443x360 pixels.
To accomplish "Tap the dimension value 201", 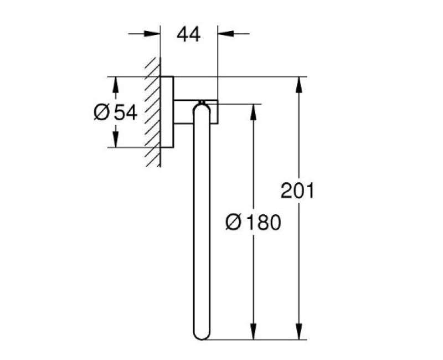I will [x=297, y=191].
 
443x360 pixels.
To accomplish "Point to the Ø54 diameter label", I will [x=115, y=112].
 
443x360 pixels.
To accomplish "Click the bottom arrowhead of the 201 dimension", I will [x=300, y=333].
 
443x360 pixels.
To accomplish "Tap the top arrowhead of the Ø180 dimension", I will [x=254, y=110].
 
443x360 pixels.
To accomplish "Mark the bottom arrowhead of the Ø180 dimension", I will [x=254, y=333].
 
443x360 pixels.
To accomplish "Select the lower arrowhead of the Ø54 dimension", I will [x=115, y=141].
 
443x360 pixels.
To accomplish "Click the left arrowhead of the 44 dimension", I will [x=154, y=34].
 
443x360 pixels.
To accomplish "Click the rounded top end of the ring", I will [x=200, y=107].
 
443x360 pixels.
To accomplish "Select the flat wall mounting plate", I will [x=167, y=111].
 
